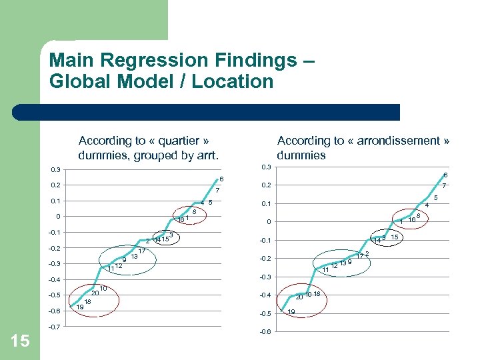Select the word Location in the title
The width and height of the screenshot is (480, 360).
coord(238,82)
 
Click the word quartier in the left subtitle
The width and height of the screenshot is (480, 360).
coord(177,141)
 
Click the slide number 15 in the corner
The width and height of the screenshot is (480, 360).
coord(20,341)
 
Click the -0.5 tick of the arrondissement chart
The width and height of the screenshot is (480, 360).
coord(265,314)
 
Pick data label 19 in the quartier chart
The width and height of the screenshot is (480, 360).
coord(80,307)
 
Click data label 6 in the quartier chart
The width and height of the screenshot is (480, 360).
coord(222,179)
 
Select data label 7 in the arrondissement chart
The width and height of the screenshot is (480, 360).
coord(445,186)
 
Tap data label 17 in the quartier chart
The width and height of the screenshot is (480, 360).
coord(142,251)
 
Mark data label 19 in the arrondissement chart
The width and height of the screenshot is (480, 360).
coord(291,312)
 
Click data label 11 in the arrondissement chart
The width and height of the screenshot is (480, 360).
coord(325,270)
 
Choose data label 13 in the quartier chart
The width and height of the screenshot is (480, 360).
coord(134,257)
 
